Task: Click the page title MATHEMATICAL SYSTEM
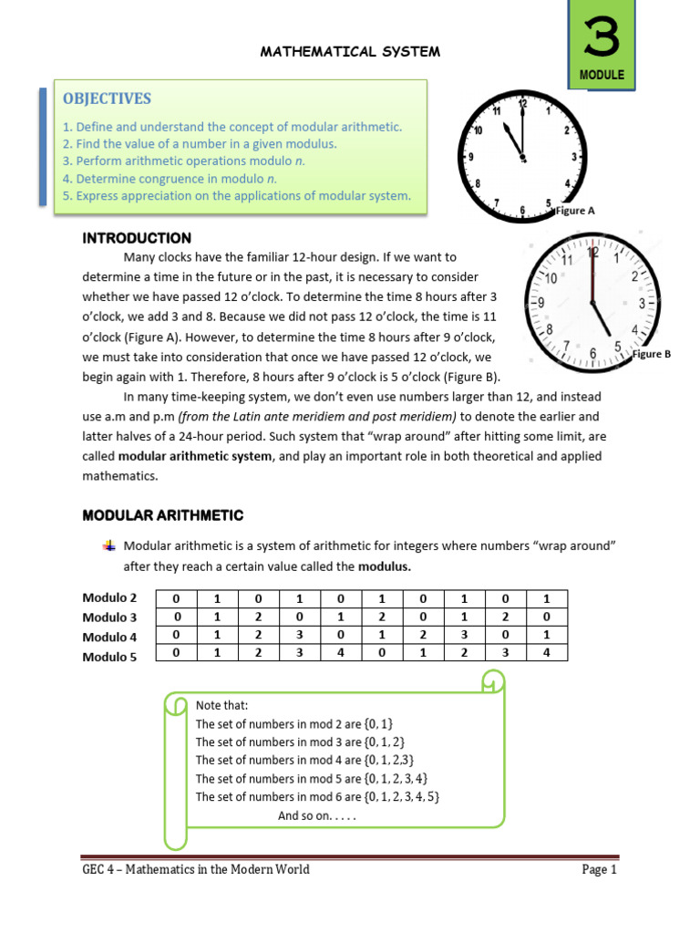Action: [351, 52]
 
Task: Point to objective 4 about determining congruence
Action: [170, 179]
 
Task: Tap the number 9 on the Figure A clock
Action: [470, 157]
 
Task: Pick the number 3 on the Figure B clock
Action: [642, 303]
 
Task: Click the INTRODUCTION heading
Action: [137, 238]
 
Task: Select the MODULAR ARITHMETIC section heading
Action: [163, 515]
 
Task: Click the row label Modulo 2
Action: [109, 598]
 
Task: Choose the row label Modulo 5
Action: [109, 656]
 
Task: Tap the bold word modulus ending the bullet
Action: [385, 566]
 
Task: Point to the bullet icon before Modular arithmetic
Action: [108, 546]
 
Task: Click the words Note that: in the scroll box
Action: [221, 705]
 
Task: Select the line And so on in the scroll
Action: [316, 815]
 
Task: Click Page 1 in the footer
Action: [600, 869]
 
